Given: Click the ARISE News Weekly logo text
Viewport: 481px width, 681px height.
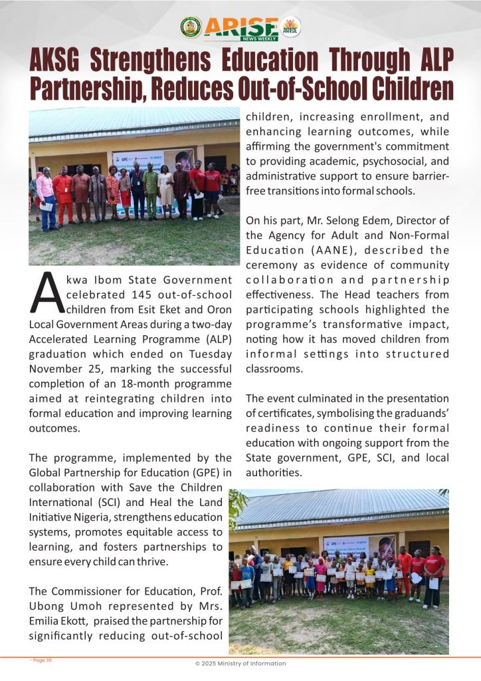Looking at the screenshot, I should coord(241,27).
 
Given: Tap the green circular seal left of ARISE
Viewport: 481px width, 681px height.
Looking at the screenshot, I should coord(190,27).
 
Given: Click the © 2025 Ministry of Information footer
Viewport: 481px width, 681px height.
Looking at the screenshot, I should coord(241,663).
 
